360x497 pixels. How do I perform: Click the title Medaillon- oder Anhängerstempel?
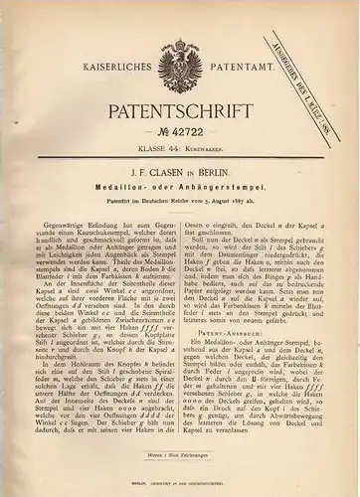coord(179,197)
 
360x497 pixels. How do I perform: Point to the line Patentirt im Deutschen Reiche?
coord(179,212)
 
